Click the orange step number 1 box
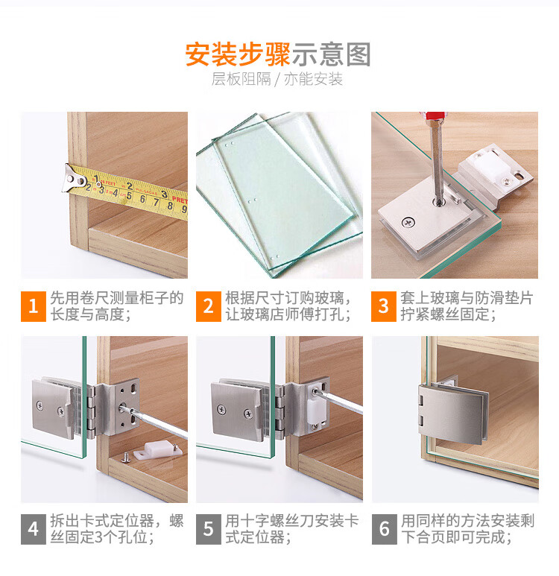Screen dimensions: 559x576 [33, 306]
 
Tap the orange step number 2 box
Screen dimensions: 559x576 [209, 306]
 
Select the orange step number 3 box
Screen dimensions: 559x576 [383, 306]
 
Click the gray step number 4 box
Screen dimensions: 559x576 [33, 529]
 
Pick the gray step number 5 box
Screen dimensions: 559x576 [209, 529]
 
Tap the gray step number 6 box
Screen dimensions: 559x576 [384, 529]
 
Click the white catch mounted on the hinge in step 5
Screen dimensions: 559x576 [317, 408]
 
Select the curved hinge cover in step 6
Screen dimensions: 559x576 [452, 414]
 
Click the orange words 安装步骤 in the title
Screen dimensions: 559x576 [238, 54]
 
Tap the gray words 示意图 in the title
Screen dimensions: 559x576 [331, 54]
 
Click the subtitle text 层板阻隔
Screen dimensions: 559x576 [241, 79]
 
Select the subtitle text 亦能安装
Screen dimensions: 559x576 [313, 79]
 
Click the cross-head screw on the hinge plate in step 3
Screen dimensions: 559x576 [408, 222]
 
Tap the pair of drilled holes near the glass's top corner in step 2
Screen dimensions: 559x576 [230, 144]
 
